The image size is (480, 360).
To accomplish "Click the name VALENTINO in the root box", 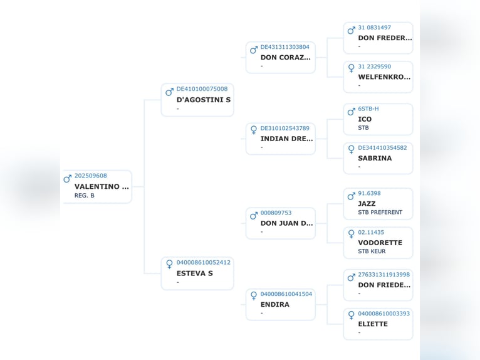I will pos(101,186).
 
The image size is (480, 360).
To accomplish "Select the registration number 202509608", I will pos(90,176).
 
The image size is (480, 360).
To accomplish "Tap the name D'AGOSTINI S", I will pos(203,100).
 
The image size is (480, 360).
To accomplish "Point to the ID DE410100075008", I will pos(202,89).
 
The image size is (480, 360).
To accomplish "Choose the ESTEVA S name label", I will pos(194,273).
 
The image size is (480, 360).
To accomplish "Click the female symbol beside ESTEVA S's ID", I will pos(169,264).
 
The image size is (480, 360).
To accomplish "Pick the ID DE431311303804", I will pos(284,47).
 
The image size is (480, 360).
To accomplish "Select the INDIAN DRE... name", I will pos(286,139).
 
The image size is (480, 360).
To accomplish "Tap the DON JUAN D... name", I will pos(286,223).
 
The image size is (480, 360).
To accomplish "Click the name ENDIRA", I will pos(274,305).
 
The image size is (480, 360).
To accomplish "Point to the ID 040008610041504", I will pos(286,294).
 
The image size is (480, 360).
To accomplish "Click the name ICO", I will pos(365,119).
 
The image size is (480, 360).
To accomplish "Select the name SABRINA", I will pos(375,159).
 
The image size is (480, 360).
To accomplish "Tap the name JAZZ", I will pos(367,204).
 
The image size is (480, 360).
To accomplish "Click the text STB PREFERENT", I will pos(380,213).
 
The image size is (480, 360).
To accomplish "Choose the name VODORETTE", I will pos(380,243).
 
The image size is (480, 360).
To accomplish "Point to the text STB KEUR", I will pos(372,251).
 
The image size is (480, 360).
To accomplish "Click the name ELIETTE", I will pos(373,324).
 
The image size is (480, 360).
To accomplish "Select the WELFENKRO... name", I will pos(384,77).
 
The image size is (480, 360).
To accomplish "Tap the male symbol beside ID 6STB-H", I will pos(351,112).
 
